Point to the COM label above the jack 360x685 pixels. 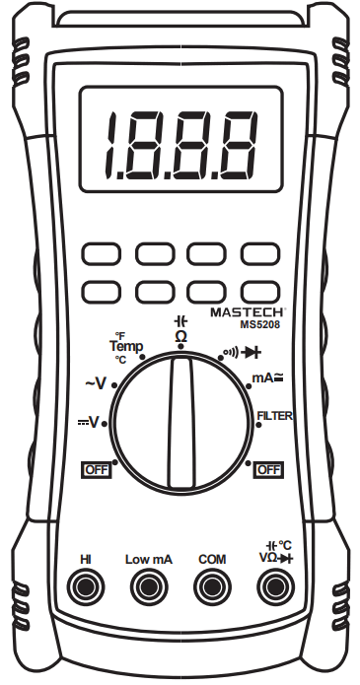point(210,559)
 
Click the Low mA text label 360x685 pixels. point(149,559)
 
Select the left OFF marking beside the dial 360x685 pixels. point(96,469)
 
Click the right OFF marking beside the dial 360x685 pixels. point(267,469)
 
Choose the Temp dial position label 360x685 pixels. point(125,347)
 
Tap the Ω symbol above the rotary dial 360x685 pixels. point(180,337)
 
